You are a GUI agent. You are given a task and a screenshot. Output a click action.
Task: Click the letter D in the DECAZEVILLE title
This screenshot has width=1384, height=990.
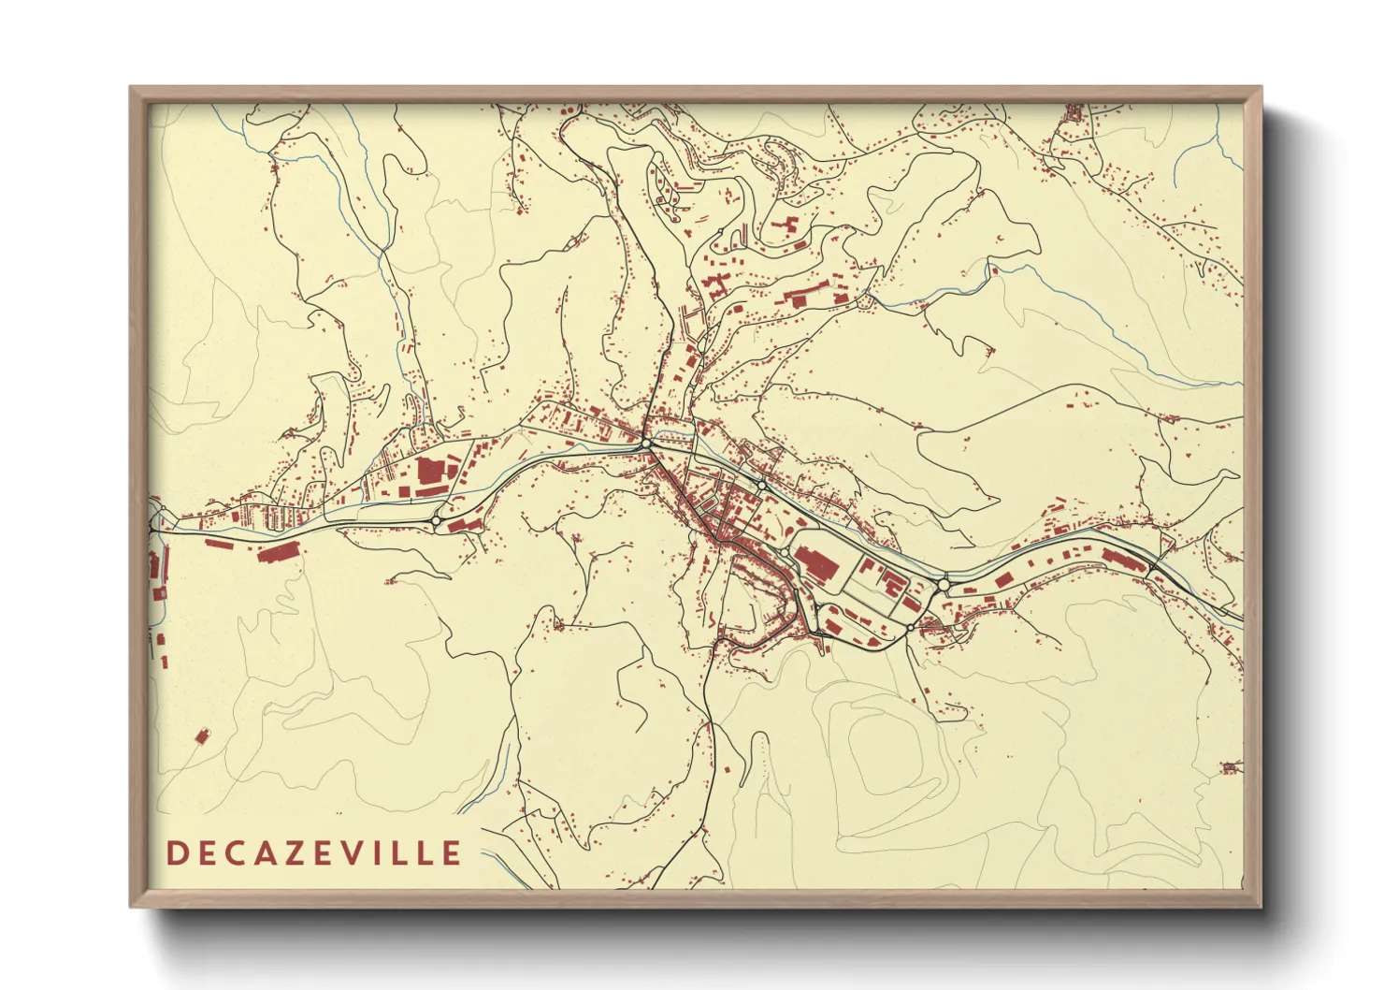176,853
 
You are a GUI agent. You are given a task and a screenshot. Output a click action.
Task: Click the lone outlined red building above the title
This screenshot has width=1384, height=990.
199,736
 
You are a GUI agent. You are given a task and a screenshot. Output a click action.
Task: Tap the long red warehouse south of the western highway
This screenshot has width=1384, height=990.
279,553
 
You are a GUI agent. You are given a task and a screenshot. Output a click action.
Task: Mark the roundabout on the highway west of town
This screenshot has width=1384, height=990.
436,521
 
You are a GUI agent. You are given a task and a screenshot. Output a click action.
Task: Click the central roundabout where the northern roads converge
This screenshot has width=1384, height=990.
646,443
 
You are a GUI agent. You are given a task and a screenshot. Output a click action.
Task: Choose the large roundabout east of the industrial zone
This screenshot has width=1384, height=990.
944,584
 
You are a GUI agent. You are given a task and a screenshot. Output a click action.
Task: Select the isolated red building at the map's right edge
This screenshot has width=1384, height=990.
1231,768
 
